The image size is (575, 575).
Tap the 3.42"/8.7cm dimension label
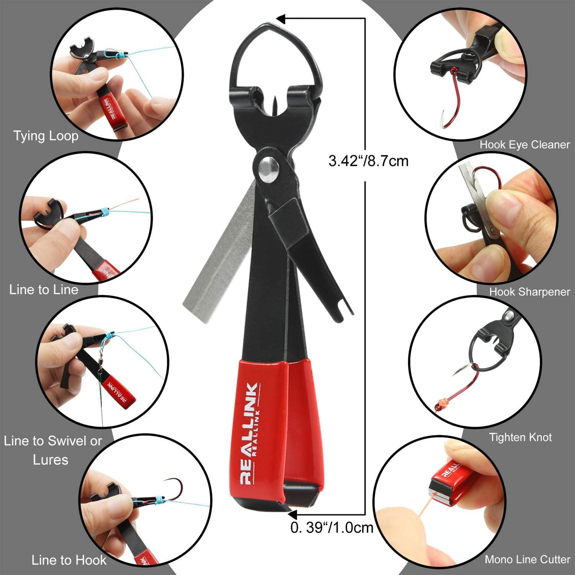[x=368, y=160]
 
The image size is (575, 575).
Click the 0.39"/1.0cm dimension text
[x=332, y=528]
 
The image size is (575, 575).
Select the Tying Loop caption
[x=46, y=136]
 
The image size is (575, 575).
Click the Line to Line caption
[x=44, y=289]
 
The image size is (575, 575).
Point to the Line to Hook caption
[x=69, y=560]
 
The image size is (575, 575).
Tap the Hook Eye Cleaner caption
[x=525, y=145]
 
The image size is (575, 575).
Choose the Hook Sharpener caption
[x=529, y=292]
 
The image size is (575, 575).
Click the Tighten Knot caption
[x=520, y=437]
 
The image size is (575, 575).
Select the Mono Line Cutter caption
[x=527, y=559]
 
